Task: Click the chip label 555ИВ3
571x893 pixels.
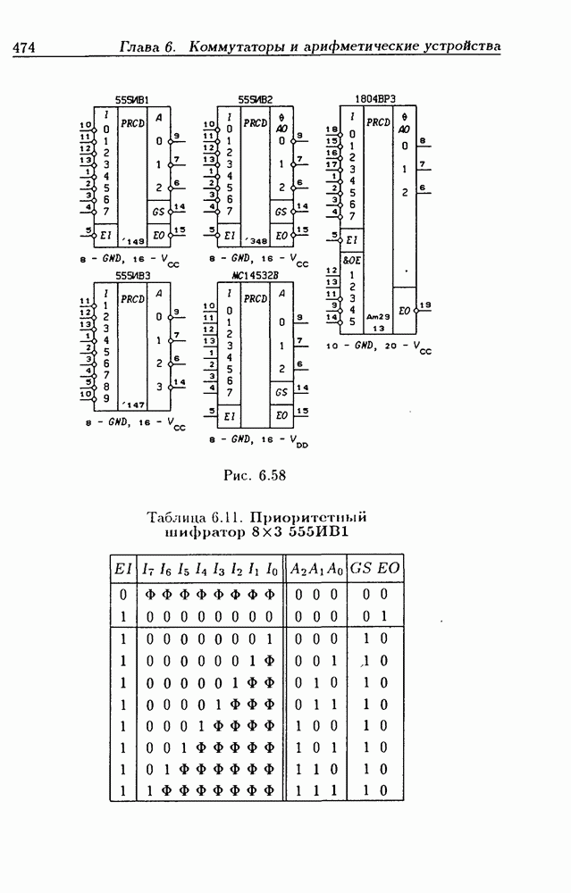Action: click(131, 276)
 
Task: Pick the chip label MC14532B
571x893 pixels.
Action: click(255, 276)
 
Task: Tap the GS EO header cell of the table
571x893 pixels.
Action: click(375, 569)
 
